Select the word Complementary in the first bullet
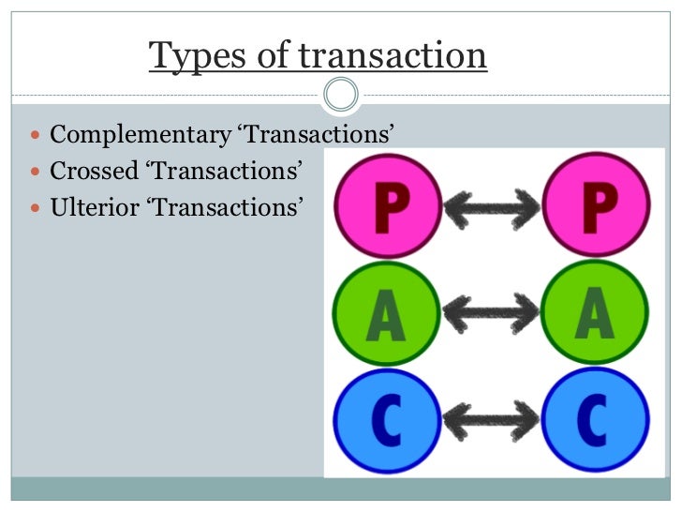click(140, 135)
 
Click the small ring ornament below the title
click(340, 94)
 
